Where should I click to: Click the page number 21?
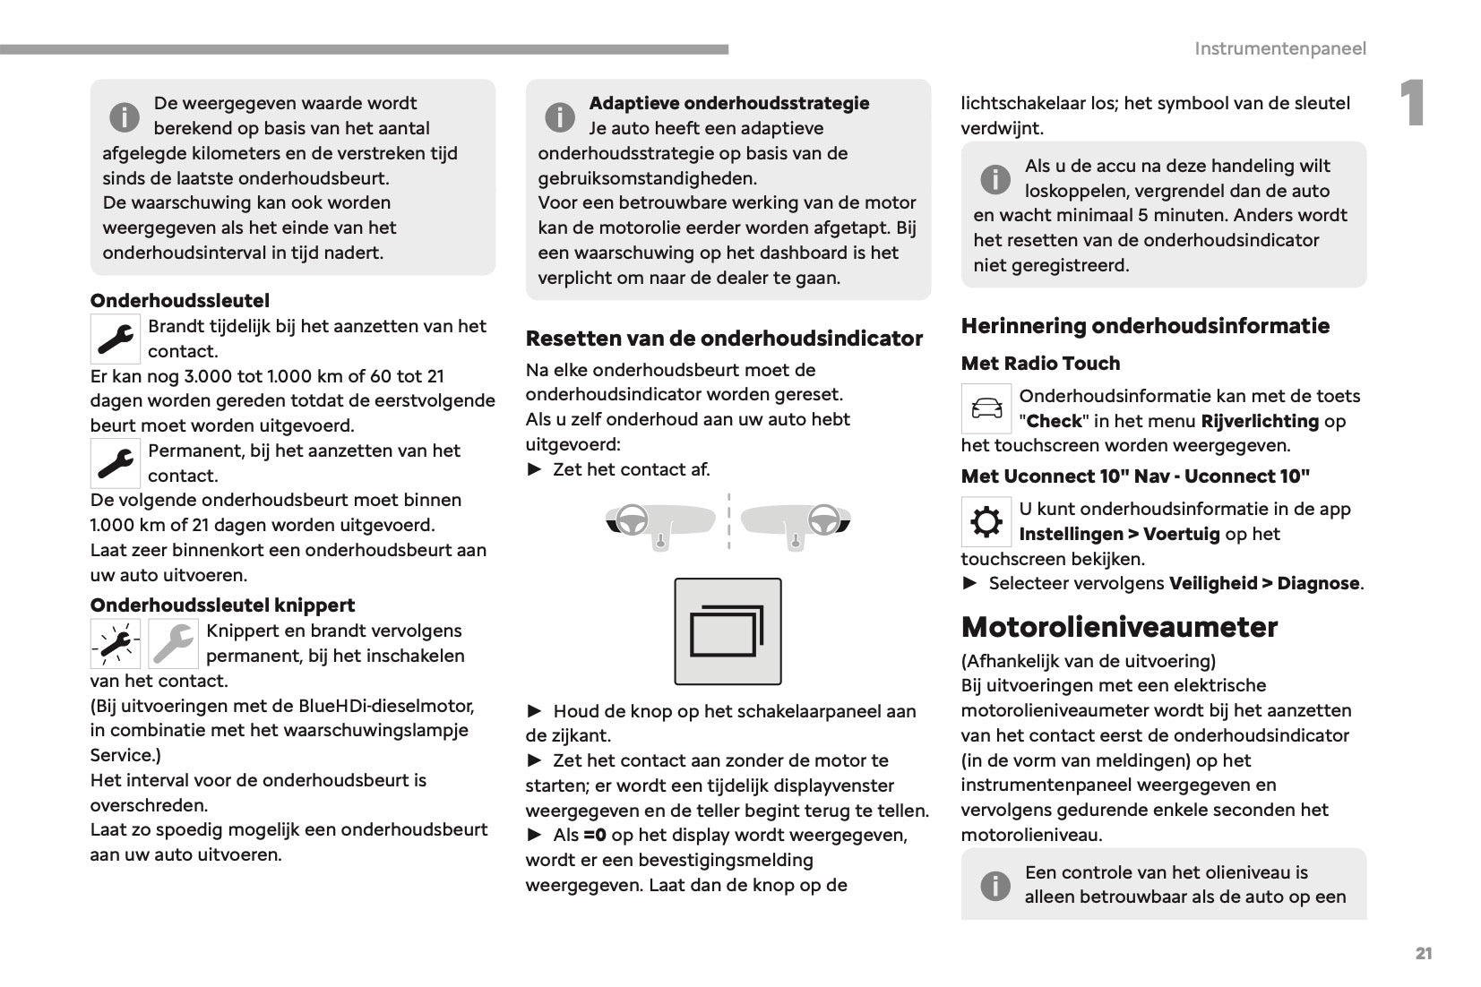(x=1423, y=954)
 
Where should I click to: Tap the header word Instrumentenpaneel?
(x=1279, y=48)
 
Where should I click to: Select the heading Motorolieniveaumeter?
(x=1119, y=627)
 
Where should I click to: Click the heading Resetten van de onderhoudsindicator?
(x=724, y=339)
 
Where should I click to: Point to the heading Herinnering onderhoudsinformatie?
(x=1145, y=326)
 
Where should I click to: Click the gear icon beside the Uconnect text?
(x=986, y=522)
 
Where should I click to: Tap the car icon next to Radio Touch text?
(x=986, y=409)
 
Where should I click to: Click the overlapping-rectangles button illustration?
(x=728, y=631)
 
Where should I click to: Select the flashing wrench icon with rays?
(x=116, y=644)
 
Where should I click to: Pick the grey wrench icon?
(x=173, y=644)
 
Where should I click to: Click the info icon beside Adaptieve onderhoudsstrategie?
(x=560, y=116)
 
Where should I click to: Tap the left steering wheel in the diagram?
(x=633, y=520)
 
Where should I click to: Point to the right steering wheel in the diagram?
(x=823, y=520)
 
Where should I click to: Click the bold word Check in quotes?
(x=1054, y=421)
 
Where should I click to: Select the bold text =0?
(x=595, y=836)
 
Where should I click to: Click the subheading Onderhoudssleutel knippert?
(x=222, y=605)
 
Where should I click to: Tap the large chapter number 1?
(x=1412, y=104)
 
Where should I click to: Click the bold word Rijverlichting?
(x=1260, y=421)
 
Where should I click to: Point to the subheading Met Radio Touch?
(x=1040, y=364)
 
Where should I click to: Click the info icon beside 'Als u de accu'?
(x=995, y=179)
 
